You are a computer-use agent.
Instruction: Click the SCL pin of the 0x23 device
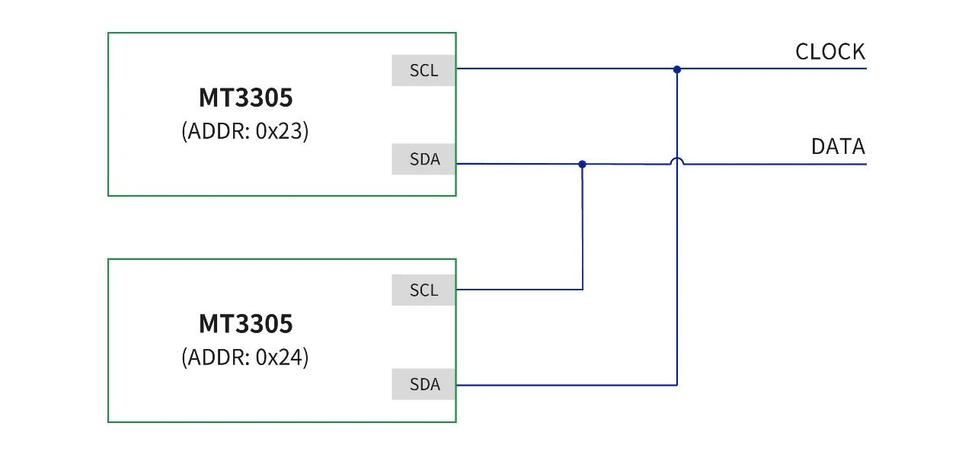(x=423, y=70)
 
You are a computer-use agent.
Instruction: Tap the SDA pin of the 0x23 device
(x=423, y=159)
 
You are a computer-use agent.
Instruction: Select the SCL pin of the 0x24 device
(x=423, y=290)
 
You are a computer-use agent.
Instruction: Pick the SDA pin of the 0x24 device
(x=423, y=384)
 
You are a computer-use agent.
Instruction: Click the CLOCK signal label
(x=830, y=52)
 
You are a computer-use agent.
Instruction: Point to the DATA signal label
(x=838, y=146)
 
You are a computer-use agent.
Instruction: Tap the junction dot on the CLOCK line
(x=677, y=69)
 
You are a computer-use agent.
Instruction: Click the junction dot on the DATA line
(x=583, y=164)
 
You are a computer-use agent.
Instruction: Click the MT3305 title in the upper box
(x=245, y=97)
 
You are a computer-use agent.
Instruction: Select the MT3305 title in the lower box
(x=245, y=323)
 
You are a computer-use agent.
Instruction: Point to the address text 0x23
(x=279, y=130)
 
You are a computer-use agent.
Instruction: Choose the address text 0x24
(x=279, y=357)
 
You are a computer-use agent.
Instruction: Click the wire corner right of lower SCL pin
(x=583, y=289)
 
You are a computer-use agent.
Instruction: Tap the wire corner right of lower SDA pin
(x=677, y=385)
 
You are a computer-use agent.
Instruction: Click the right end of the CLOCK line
(x=866, y=69)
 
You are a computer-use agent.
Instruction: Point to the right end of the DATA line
(x=866, y=164)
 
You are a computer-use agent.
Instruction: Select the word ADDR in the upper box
(x=216, y=130)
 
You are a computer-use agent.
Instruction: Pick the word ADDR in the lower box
(x=216, y=357)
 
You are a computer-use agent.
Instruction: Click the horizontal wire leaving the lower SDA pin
(x=566, y=385)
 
